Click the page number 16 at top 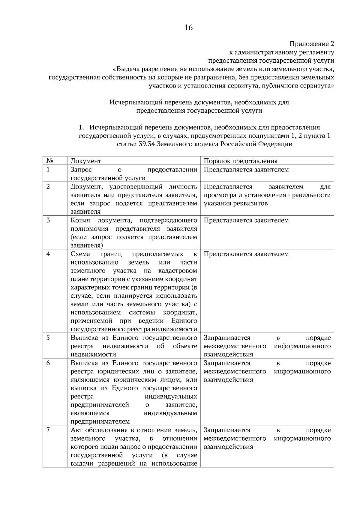pyautogui.click(x=188, y=28)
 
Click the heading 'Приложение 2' pyautogui.click(x=312, y=44)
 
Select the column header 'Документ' pyautogui.click(x=85, y=161)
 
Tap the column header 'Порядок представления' pyautogui.click(x=240, y=161)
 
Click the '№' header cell pyautogui.click(x=50, y=161)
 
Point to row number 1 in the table pyautogui.click(x=48, y=170)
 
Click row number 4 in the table pyautogui.click(x=48, y=254)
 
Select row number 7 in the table pyautogui.click(x=48, y=430)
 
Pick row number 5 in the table pyautogui.click(x=48, y=338)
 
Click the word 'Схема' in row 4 pyautogui.click(x=80, y=254)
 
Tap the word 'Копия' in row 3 pyautogui.click(x=80, y=220)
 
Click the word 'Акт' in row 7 pyautogui.click(x=76, y=430)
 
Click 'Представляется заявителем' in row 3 pyautogui.click(x=246, y=220)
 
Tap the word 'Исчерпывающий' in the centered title pyautogui.click(x=132, y=103)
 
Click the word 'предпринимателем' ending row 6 pyautogui.click(x=100, y=422)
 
